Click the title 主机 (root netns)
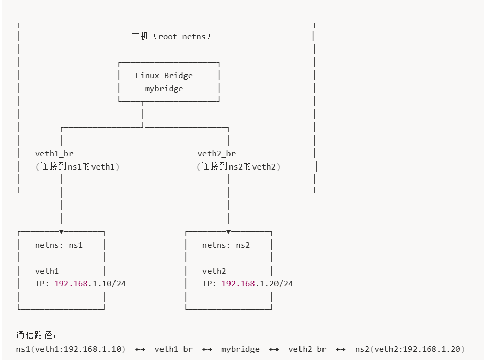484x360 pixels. (171, 36)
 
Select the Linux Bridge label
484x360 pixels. (164, 76)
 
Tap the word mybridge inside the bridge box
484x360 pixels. (164, 89)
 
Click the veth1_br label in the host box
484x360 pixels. (54, 154)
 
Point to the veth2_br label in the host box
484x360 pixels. (217, 154)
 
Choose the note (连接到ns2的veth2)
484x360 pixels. (239, 166)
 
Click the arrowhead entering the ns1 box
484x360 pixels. (61, 232)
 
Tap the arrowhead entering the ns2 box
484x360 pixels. (228, 232)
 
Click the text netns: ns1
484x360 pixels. (59, 245)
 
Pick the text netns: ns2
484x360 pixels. (226, 245)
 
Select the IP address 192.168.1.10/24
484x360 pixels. (90, 284)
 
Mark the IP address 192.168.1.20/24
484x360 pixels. (257, 284)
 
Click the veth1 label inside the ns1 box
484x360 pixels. (47, 271)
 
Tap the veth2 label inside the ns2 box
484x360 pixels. (214, 271)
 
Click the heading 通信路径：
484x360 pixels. (37, 335)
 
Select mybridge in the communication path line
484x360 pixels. (240, 349)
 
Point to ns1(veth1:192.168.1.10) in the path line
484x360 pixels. (71, 349)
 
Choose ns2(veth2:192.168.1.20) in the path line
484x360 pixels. (410, 349)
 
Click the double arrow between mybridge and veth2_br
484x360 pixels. (274, 349)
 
